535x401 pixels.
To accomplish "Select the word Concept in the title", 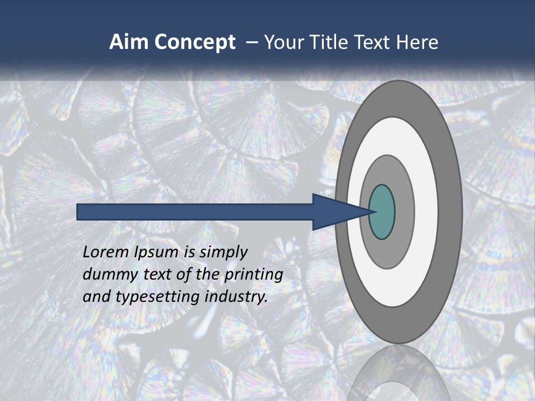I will [x=194, y=42].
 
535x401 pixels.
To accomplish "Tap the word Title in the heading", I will [x=329, y=42].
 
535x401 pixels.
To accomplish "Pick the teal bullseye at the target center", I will [x=382, y=212].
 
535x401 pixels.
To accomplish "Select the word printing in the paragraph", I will [x=254, y=275].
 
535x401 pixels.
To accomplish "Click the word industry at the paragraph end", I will [x=236, y=297].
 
